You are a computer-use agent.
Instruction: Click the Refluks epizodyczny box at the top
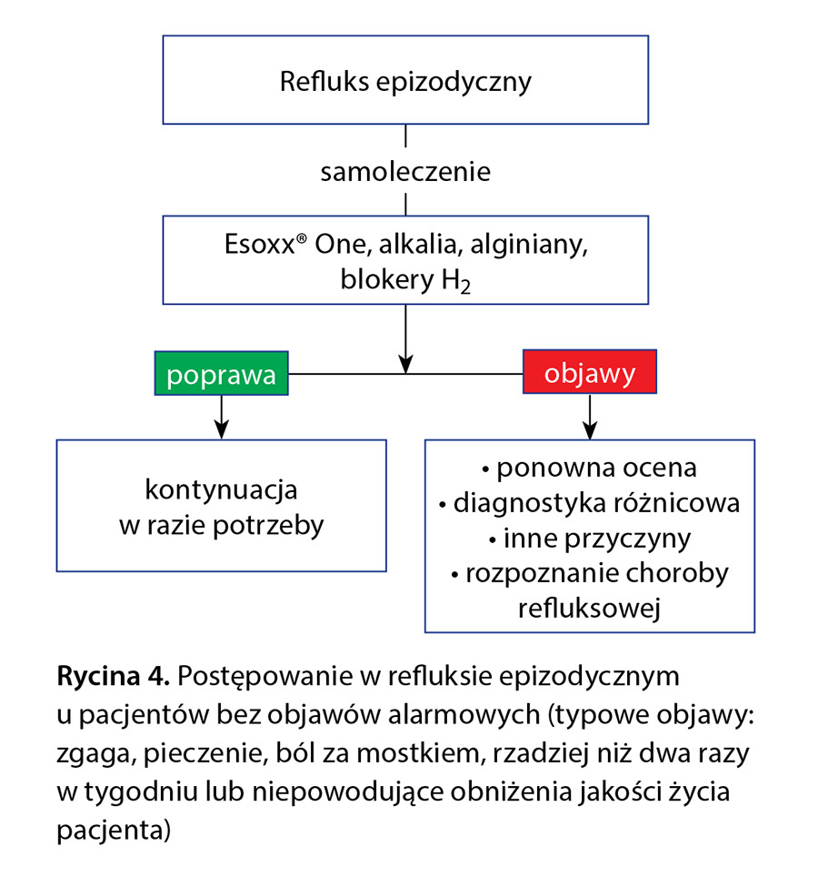point(405,81)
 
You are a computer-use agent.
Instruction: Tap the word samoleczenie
point(405,172)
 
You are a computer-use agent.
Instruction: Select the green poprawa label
point(222,375)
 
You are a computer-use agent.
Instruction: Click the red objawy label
point(589,373)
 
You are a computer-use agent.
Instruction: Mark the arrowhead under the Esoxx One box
point(405,363)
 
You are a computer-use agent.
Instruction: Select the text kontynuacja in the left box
point(222,490)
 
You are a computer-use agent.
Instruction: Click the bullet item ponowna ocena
point(589,469)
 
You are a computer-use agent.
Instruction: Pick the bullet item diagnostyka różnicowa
point(589,503)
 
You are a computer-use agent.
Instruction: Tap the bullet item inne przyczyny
point(589,539)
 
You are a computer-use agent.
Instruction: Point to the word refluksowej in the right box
point(589,609)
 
